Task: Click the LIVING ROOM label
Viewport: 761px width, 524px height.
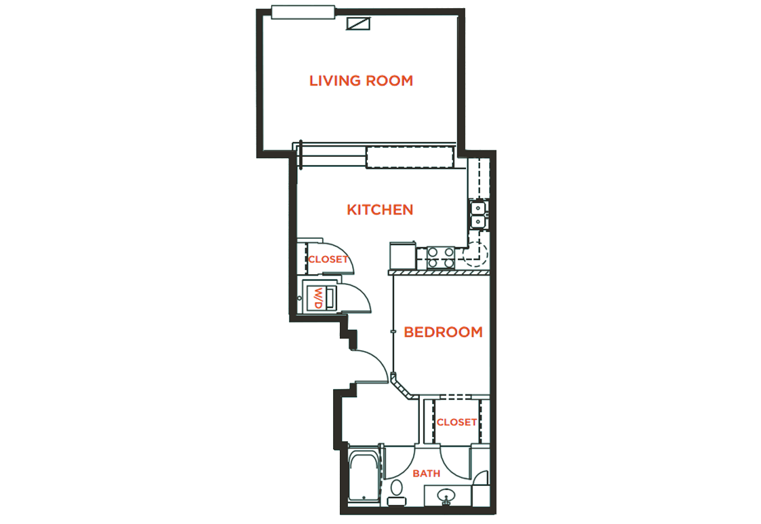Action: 361,81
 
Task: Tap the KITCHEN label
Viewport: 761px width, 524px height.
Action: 380,210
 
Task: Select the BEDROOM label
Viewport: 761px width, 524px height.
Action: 443,332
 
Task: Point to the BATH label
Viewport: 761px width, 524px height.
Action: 426,473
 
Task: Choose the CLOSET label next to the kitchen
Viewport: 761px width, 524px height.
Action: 328,259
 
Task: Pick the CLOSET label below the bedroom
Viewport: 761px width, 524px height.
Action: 456,422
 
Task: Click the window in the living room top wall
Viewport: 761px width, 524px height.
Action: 303,12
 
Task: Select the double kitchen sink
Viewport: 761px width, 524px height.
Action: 477,214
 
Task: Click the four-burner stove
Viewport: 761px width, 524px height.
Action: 440,257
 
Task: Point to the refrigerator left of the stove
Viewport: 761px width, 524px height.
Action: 402,256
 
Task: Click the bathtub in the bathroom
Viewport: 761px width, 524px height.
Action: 364,479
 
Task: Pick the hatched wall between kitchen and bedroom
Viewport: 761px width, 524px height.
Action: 438,272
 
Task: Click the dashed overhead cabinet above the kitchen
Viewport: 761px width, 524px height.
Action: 409,157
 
